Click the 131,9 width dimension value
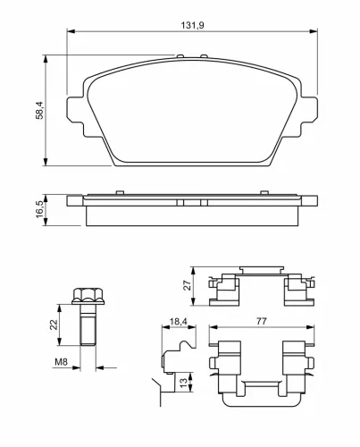coord(192,25)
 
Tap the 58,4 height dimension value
coord(39,110)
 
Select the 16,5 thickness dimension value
coord(39,209)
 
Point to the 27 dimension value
coord(187,285)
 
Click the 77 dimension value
coord(262,321)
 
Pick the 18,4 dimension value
coord(178,321)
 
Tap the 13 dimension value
coord(183,383)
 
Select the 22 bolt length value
coord(54,325)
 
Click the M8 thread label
coord(61,362)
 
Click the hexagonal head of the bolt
coord(88,296)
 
